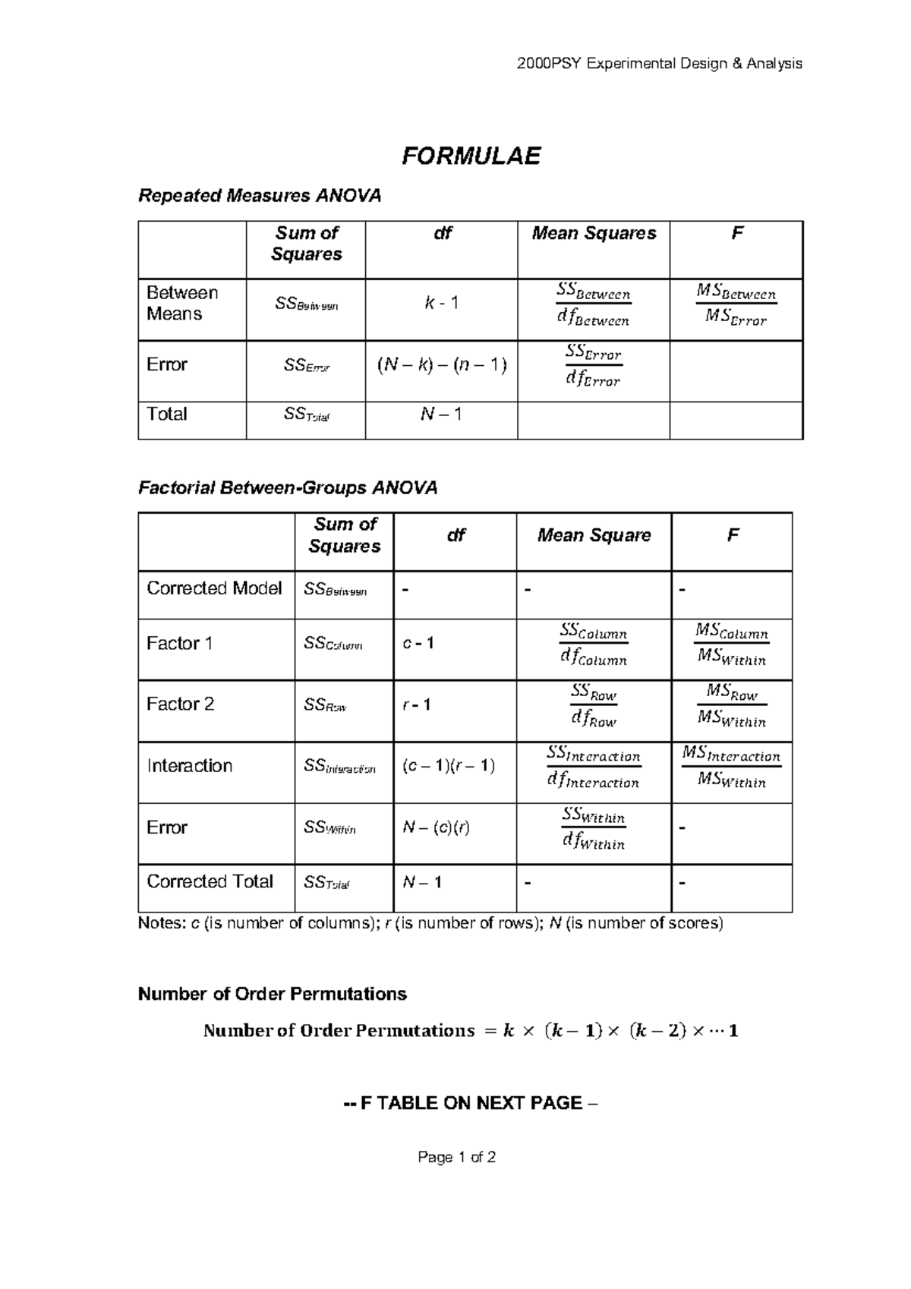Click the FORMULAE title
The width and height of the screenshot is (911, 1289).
tap(471, 156)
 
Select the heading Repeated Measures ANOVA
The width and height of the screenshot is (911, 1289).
tap(259, 196)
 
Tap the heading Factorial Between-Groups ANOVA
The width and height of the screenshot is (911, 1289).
tap(288, 487)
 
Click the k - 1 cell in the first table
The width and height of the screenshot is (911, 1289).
tap(441, 304)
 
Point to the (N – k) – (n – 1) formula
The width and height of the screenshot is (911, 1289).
tap(441, 365)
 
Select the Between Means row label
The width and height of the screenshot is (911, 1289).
tap(182, 304)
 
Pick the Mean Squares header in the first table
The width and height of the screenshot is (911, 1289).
tap(594, 234)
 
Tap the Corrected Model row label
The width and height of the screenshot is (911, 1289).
tap(214, 588)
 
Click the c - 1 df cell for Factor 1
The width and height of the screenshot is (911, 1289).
tap(418, 644)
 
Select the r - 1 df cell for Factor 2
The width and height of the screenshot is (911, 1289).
tap(417, 705)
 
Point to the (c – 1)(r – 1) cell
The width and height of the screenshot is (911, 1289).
tap(449, 766)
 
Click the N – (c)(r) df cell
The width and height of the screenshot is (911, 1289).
tap(436, 827)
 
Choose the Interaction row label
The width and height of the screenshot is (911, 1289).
tap(189, 766)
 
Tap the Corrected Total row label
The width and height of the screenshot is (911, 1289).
tap(210, 882)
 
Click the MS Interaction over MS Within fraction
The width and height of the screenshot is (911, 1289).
tap(731, 768)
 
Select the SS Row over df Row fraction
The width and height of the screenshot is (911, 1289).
tap(594, 706)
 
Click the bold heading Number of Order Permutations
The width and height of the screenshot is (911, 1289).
tap(272, 994)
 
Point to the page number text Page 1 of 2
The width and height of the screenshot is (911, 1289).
tap(456, 1158)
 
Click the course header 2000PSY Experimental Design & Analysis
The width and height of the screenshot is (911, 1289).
tap(659, 64)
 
